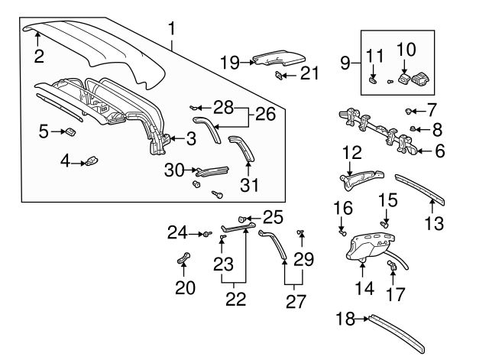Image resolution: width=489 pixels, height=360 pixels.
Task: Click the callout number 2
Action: [x=39, y=55]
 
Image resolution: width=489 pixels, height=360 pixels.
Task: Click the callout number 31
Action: [x=250, y=184]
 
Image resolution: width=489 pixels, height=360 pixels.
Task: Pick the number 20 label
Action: [x=184, y=287]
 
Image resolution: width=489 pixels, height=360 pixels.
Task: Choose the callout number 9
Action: [x=345, y=60]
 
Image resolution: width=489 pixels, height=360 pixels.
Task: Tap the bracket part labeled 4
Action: [x=93, y=160]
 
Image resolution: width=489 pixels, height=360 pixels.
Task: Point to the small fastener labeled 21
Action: [x=277, y=75]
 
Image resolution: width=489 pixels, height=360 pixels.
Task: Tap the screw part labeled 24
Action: [x=206, y=233]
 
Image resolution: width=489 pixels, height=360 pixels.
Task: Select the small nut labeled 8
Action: [x=413, y=128]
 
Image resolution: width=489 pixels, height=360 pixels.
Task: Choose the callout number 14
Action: [x=364, y=289]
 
